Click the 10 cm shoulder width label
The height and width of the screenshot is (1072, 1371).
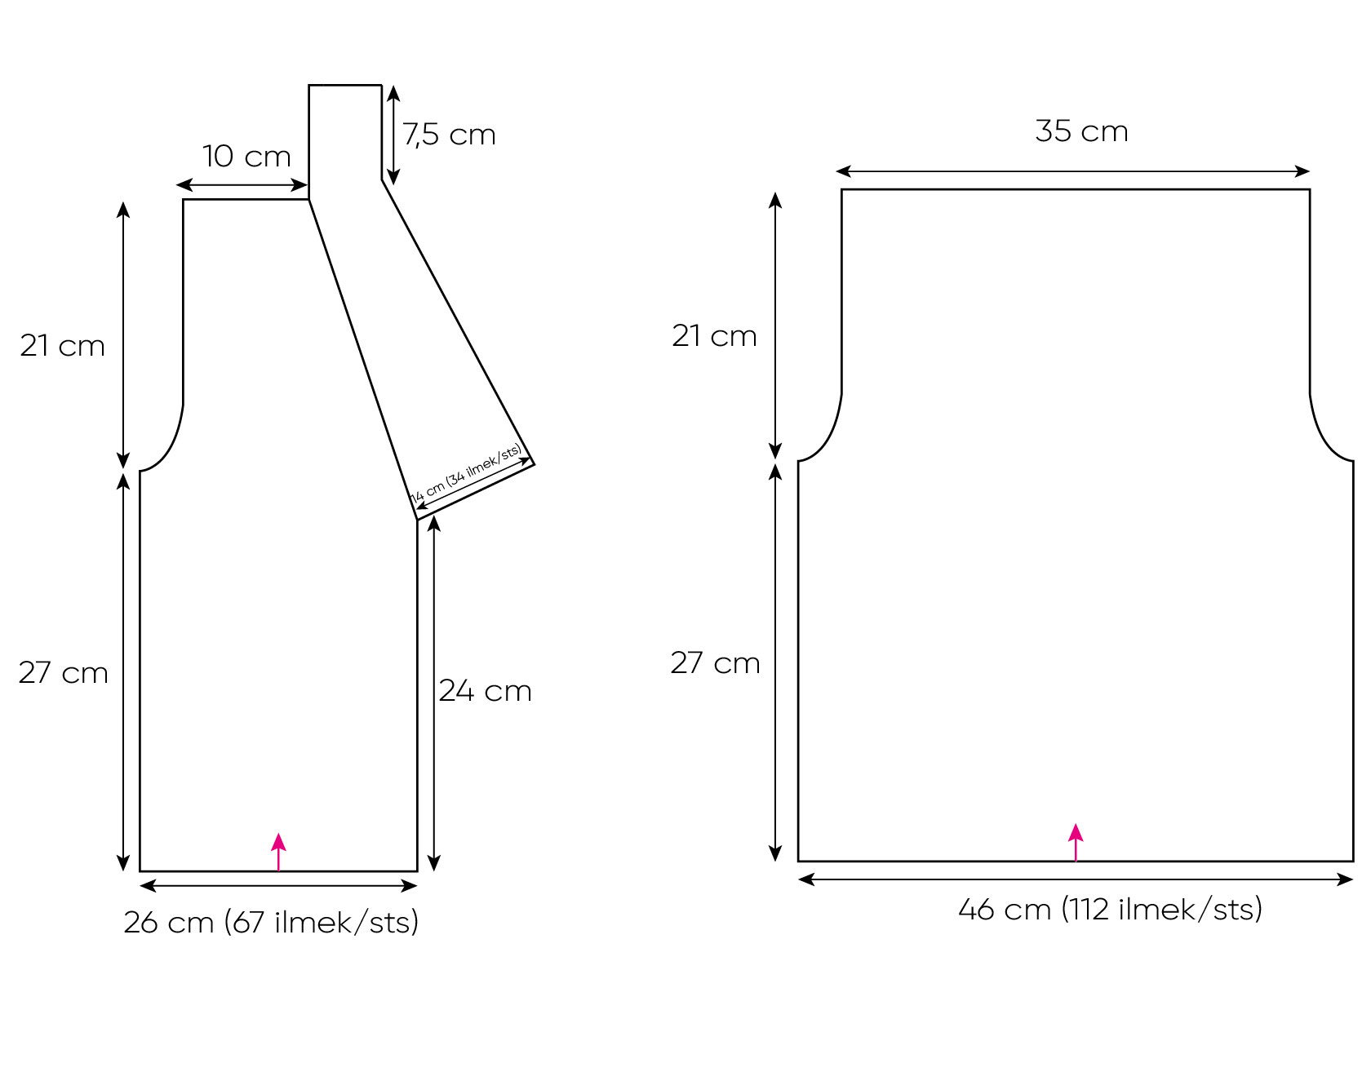(246, 156)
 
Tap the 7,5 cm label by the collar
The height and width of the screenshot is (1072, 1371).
(449, 135)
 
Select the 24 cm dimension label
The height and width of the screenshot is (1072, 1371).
(485, 691)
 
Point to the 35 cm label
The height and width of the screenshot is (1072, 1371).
(1081, 131)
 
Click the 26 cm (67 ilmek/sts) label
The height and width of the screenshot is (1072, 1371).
(271, 922)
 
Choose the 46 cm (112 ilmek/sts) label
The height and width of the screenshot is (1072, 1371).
(1110, 909)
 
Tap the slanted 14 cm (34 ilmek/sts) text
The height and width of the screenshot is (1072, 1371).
(466, 474)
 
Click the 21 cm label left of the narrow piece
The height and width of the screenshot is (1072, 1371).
(63, 346)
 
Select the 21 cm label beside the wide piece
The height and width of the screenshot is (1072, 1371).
(714, 335)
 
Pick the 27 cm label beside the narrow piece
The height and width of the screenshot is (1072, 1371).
(63, 673)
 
